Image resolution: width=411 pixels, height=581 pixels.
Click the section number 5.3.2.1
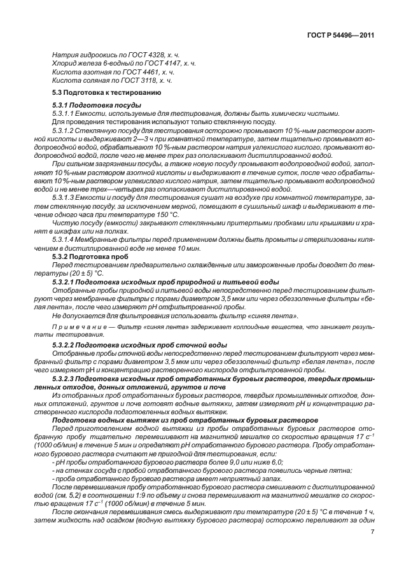click(x=66, y=281)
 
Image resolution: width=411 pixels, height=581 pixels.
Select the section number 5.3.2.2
click(x=66, y=344)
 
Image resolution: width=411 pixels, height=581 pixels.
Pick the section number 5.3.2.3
click(x=66, y=379)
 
